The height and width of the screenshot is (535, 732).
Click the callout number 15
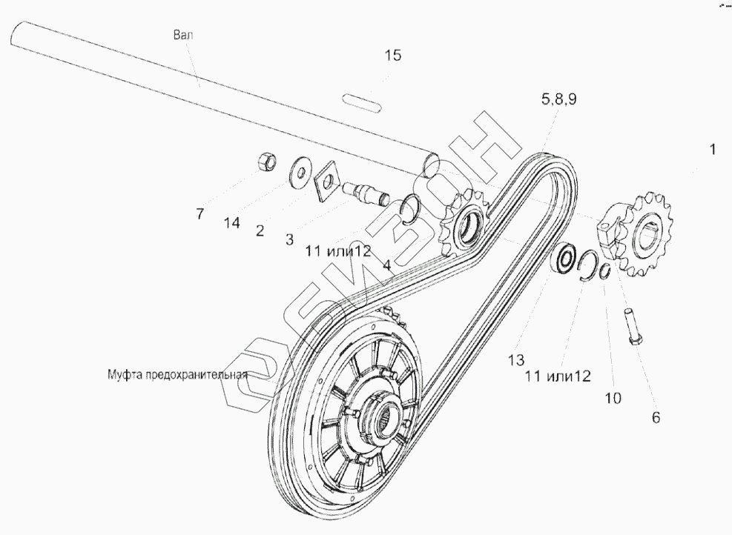[x=393, y=56]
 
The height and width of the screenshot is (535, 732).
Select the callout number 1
[x=712, y=149]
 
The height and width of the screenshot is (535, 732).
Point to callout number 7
[x=200, y=215]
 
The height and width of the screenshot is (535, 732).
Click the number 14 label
[x=233, y=222]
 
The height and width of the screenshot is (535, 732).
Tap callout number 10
[x=613, y=398]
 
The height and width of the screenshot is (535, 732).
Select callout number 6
[x=655, y=417]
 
